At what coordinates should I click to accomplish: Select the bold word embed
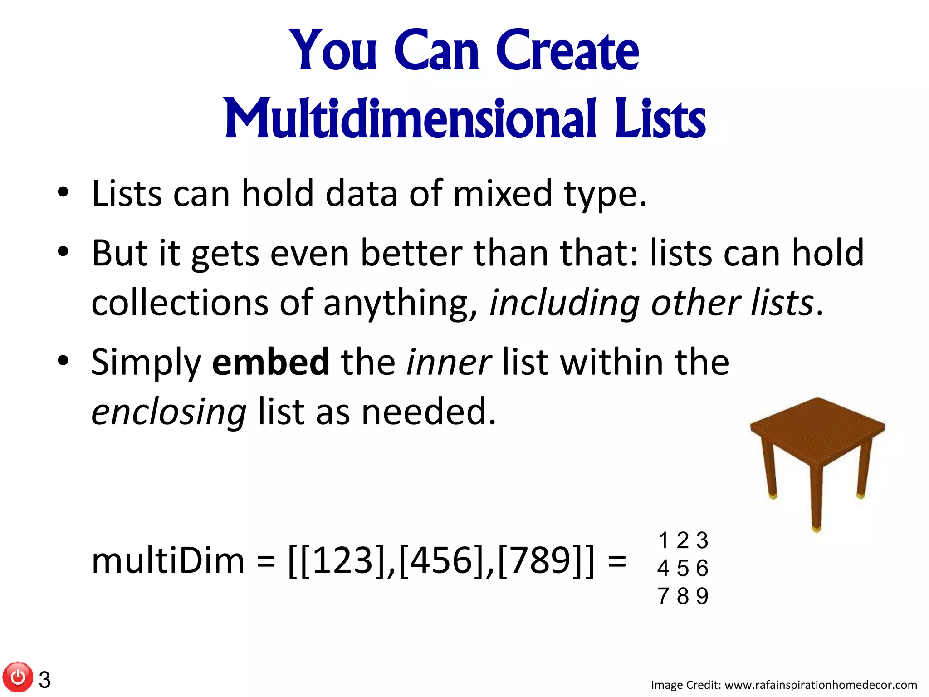click(x=271, y=362)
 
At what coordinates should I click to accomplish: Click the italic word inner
click(x=449, y=362)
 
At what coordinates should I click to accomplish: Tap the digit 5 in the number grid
click(x=683, y=568)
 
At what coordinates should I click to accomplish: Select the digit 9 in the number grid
click(x=702, y=596)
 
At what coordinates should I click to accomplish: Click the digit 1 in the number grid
click(x=664, y=540)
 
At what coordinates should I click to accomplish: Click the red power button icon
click(x=18, y=677)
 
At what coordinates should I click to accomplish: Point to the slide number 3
click(x=44, y=680)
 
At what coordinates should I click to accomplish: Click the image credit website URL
click(x=821, y=685)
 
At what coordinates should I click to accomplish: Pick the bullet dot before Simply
click(x=63, y=361)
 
